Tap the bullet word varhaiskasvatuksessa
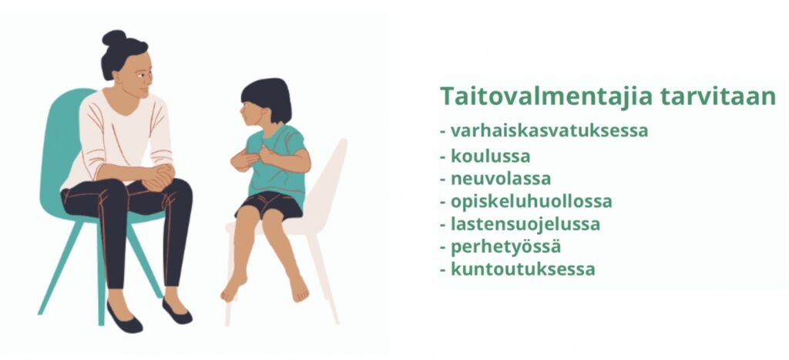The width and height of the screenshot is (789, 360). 549,130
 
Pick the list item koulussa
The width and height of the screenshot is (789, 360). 491,156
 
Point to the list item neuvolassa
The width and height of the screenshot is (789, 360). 501,178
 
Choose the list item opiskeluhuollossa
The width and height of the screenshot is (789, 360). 532,201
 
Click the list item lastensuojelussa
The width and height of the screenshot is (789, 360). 525,224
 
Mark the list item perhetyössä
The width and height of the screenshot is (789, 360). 505,247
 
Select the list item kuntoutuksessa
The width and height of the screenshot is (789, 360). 523,269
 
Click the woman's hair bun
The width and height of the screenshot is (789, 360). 115,39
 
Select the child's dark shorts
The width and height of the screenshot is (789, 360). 270,205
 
